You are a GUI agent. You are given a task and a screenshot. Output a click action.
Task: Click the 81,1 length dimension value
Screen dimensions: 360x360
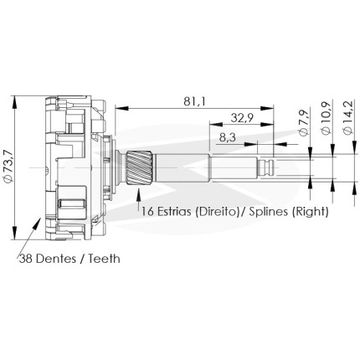tap(194, 102)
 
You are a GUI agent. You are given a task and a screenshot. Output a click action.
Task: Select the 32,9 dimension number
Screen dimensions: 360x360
tap(242, 118)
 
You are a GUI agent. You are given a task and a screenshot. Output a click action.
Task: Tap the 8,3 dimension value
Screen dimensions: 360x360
tap(228, 137)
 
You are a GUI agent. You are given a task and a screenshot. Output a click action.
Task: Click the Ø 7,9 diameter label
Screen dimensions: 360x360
tap(304, 122)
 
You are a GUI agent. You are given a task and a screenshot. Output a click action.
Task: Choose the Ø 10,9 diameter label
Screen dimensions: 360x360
tap(327, 117)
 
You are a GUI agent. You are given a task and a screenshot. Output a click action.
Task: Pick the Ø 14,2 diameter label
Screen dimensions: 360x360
tap(348, 117)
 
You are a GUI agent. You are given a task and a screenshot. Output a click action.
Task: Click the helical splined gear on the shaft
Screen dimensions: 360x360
tap(139, 167)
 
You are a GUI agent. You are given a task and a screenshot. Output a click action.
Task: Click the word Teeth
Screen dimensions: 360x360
tap(105, 259)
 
